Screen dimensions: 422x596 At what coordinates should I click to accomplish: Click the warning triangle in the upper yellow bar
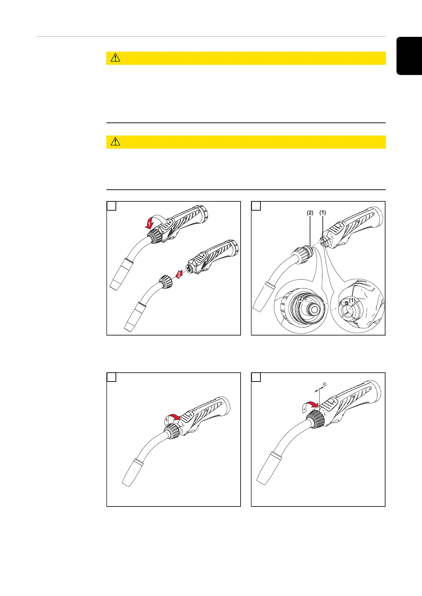tap(116, 58)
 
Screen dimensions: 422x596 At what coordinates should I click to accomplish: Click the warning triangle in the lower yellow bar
tap(116, 142)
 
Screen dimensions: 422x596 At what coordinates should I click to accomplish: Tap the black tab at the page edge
tap(409, 56)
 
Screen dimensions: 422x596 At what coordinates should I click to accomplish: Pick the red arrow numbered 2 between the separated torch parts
tap(179, 274)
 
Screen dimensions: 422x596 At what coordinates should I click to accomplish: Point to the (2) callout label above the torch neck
tap(310, 213)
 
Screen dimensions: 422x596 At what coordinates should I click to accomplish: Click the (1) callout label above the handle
tap(323, 212)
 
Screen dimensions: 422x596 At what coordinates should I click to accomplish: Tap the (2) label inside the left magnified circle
tap(300, 299)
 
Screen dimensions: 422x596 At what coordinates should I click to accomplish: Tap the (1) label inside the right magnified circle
tap(352, 300)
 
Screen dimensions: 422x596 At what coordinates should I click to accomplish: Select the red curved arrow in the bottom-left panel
tap(173, 417)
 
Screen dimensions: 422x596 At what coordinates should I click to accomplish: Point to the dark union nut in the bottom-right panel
tap(315, 419)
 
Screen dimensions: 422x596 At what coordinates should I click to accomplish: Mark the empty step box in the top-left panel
tap(112, 206)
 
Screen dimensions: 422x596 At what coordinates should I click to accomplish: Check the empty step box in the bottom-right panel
tap(256, 377)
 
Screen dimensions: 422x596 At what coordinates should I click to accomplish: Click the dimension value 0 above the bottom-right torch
tap(324, 384)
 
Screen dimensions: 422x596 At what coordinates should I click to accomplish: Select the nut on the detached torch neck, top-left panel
tap(166, 282)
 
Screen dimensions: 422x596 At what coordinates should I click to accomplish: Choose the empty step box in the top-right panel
tap(256, 206)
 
